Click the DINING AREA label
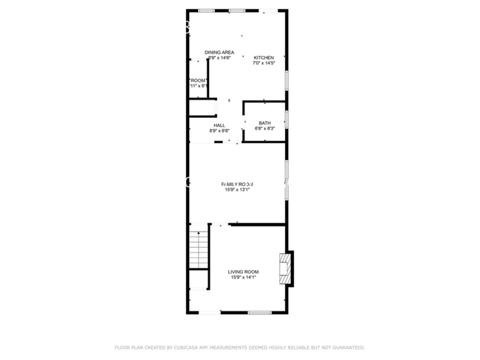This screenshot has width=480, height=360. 219,52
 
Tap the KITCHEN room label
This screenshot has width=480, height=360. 264,58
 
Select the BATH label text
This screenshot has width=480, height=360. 264,123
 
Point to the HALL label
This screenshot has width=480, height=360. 219,125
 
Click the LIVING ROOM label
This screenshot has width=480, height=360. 243,271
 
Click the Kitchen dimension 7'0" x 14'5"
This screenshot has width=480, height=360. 264,63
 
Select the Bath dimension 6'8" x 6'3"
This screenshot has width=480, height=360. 264,129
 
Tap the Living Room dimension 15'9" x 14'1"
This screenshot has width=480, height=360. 243,277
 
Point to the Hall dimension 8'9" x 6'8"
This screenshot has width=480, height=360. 219,131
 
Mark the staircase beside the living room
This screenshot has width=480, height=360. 198,250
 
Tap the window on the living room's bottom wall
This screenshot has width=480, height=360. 260,313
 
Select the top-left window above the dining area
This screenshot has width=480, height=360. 207,10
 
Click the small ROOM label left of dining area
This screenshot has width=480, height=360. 197,80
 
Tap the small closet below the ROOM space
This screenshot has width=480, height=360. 201,108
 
